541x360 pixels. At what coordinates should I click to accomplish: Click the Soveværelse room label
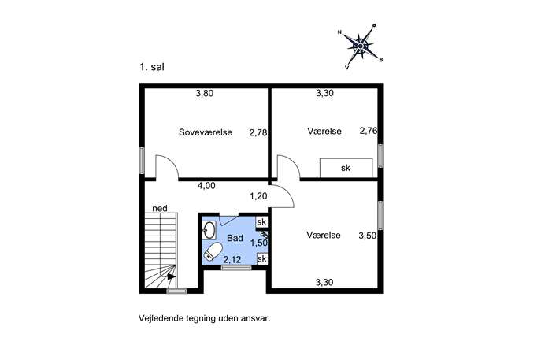coord(206,132)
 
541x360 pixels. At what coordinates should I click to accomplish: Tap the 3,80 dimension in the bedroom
coord(205,93)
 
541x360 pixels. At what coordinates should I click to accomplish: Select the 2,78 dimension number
coord(258,132)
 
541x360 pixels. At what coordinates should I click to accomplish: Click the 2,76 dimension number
coord(369,131)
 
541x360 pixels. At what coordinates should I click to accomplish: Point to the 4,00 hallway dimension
coord(206,186)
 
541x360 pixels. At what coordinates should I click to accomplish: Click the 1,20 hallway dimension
coord(258,196)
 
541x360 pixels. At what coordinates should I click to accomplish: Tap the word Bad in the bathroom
coord(235,238)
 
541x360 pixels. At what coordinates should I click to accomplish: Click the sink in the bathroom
coord(209,230)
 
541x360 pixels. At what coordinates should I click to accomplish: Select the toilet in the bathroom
coord(213,251)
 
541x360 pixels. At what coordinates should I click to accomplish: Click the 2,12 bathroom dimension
coord(232,259)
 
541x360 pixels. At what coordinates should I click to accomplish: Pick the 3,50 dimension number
coord(368,236)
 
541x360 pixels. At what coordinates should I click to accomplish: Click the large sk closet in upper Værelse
coord(346,168)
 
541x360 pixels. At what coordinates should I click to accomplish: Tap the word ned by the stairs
coord(160,209)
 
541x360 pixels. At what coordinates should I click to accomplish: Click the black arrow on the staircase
coord(171,276)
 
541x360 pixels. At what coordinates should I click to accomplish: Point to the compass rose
coord(360,46)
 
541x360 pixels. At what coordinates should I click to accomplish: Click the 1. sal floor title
coord(152,67)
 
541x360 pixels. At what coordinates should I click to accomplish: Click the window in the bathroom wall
coord(236,268)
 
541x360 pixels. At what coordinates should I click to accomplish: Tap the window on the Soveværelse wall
coord(142,161)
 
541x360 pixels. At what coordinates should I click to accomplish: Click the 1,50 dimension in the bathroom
coord(259,243)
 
